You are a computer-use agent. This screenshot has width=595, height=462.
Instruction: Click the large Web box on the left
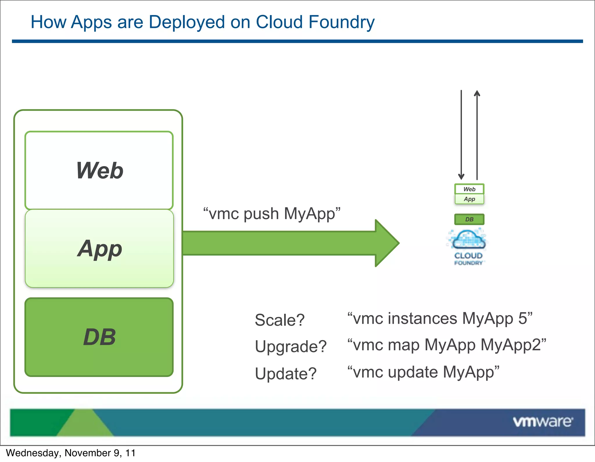point(99,170)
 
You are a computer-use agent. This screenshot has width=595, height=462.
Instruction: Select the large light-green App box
point(99,249)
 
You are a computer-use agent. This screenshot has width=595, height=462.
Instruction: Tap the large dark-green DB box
point(99,337)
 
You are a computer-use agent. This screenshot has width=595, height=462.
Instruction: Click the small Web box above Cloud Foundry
point(469,189)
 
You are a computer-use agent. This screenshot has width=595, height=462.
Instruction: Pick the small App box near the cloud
point(469,199)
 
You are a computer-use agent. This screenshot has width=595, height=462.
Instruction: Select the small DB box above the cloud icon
point(469,219)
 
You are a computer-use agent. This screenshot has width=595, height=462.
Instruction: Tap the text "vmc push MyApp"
point(272,214)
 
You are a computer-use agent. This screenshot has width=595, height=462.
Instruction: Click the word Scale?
point(279,320)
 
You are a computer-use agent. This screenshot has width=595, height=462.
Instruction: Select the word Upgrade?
point(291,346)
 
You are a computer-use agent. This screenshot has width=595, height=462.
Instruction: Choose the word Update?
point(285,373)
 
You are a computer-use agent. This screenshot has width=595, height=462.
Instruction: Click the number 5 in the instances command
point(523,318)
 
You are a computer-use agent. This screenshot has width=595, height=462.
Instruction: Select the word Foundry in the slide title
point(341,22)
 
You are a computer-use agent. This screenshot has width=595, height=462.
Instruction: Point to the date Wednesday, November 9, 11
point(71,453)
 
